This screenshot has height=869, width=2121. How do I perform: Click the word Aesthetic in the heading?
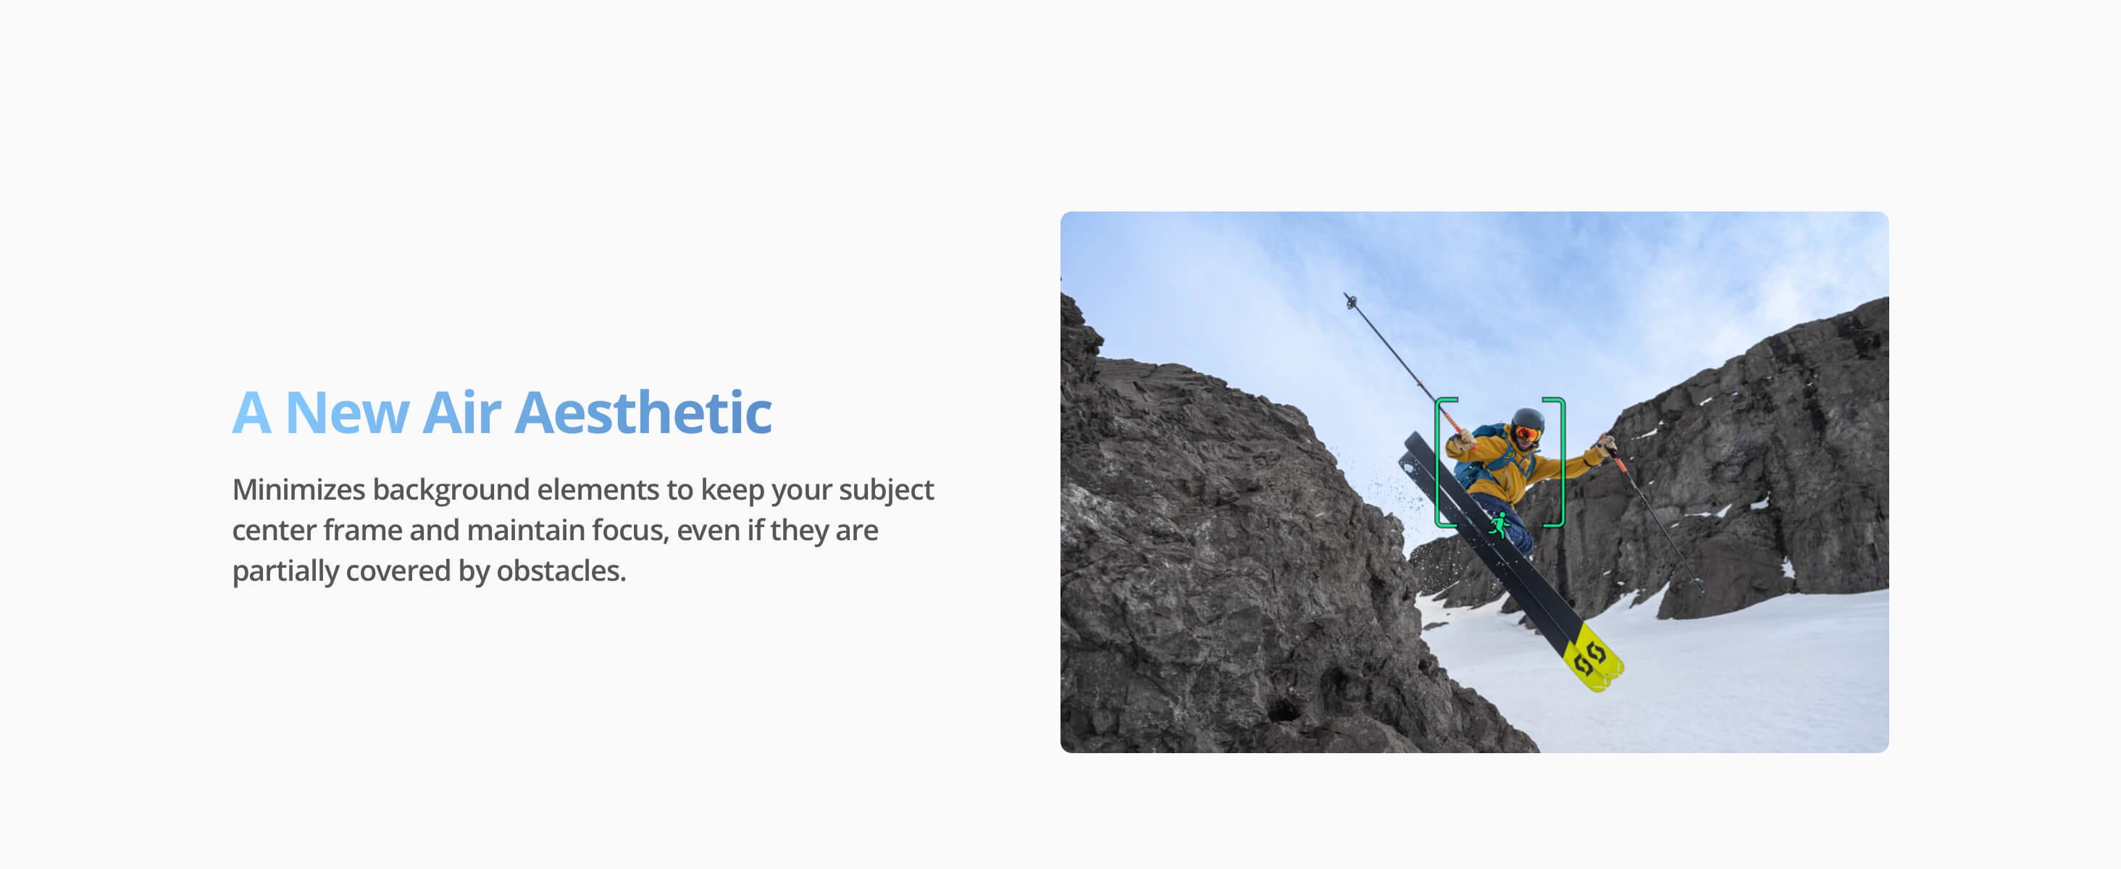coord(644,412)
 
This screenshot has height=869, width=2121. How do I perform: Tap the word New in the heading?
coord(347,412)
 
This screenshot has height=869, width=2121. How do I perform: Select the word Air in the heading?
coord(462,412)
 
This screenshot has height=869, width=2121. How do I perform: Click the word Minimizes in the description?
coord(299,490)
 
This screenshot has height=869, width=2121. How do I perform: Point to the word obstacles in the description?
coord(561,571)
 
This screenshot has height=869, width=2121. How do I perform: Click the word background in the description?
coord(451,490)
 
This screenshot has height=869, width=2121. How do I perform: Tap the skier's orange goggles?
coord(1526,433)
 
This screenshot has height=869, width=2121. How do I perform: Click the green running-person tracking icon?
coord(1499,524)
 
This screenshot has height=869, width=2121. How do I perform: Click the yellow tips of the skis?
coord(1594,658)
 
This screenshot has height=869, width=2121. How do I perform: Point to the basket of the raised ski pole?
coord(1350,301)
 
